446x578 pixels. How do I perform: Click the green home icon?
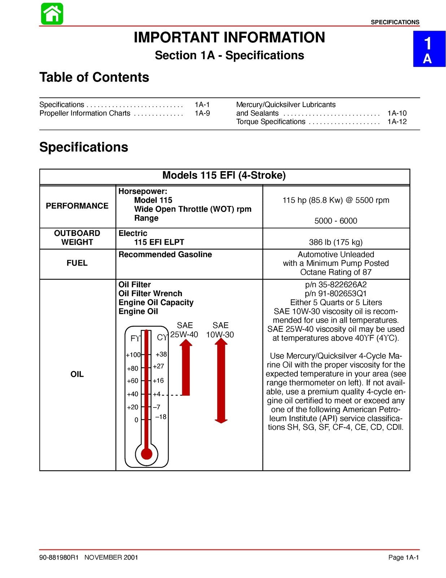52,14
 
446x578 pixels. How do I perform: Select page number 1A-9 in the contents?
202,113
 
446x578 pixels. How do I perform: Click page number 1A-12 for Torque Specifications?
397,122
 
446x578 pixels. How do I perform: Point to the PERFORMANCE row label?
77,206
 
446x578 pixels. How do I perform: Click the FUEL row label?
77,263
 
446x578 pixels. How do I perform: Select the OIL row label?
77,374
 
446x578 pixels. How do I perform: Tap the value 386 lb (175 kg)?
336,242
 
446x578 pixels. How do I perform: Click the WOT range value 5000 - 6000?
336,221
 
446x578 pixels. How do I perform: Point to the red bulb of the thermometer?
147,453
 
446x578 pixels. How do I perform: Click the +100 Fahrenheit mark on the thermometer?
133,355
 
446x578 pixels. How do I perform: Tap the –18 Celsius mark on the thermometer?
161,417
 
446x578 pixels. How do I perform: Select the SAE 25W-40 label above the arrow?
184,330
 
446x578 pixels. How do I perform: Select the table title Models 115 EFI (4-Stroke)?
224,176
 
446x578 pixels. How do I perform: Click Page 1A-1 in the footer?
403,557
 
